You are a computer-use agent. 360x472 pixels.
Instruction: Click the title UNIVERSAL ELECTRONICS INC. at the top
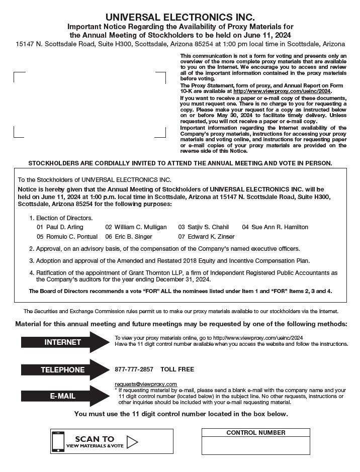click(x=180, y=17)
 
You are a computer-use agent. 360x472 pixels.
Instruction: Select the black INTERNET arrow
click(x=64, y=342)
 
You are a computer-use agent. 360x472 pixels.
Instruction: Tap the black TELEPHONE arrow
click(x=64, y=370)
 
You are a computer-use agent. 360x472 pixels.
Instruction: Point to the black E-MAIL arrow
click(x=64, y=396)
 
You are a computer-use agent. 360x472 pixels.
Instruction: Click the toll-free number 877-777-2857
click(x=134, y=369)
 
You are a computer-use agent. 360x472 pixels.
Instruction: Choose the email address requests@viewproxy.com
click(x=146, y=384)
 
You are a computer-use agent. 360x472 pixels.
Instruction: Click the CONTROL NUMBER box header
click(x=255, y=433)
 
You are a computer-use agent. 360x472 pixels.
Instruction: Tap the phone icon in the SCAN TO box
click(x=58, y=442)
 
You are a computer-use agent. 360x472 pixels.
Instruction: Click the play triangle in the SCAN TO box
click(x=132, y=442)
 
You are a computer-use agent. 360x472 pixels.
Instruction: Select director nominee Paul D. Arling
click(x=64, y=227)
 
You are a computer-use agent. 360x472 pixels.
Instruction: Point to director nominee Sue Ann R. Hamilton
click(x=280, y=227)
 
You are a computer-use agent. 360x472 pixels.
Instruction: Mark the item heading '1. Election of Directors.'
click(x=61, y=218)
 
